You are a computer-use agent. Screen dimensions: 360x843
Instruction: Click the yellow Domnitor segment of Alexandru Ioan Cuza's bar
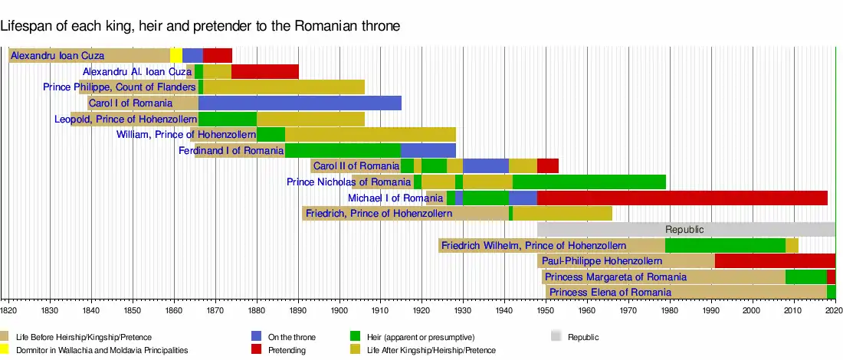(176, 55)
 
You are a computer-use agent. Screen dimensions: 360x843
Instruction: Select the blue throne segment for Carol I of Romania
(300, 103)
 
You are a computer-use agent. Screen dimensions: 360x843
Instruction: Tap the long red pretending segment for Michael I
(682, 198)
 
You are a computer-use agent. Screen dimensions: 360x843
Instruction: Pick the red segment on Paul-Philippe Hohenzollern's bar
(775, 261)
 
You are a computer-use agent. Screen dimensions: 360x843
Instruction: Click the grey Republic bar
(685, 229)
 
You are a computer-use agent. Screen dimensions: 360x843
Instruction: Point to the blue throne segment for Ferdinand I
(428, 151)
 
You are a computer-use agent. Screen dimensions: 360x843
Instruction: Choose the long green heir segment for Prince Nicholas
(589, 182)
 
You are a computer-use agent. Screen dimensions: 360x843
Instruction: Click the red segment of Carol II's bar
(547, 166)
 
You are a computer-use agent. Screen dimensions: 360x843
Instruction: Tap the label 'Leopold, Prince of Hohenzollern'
(126, 119)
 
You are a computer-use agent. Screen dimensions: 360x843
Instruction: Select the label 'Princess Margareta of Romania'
(615, 277)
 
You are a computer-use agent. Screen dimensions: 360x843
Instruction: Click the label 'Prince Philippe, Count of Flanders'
(120, 87)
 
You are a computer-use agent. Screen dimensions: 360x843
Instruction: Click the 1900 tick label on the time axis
(339, 310)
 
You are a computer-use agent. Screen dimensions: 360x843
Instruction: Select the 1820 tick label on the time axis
(8, 310)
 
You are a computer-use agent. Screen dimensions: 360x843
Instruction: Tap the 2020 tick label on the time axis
(834, 310)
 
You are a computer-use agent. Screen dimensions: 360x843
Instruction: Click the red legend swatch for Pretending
(257, 350)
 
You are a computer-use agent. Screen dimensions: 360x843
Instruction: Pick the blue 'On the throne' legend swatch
(257, 337)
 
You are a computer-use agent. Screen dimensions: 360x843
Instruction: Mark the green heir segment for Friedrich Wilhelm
(725, 245)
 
